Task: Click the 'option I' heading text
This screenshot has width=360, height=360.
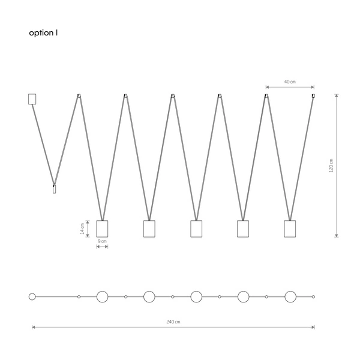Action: [x=43, y=34]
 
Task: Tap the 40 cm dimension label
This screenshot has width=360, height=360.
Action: [x=289, y=82]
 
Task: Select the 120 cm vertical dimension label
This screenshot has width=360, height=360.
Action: [x=331, y=165]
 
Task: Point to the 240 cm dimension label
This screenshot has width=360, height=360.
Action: [x=173, y=322]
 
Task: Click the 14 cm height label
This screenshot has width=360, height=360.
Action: [x=90, y=229]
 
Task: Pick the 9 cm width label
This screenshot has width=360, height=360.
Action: [x=102, y=241]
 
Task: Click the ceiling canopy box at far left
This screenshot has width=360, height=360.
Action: [x=32, y=99]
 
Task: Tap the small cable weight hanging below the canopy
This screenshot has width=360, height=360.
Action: [x=54, y=189]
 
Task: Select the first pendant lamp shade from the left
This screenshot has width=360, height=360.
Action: [x=102, y=229]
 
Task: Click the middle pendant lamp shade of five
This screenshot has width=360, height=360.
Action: [x=196, y=229]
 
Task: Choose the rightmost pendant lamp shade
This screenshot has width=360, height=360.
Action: [x=290, y=229]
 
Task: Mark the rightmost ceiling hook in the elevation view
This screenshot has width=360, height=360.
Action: [x=313, y=95]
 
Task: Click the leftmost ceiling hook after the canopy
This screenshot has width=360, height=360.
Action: [x=78, y=95]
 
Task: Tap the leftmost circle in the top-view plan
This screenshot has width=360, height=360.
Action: [x=32, y=296]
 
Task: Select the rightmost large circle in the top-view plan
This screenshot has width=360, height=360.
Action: [x=290, y=296]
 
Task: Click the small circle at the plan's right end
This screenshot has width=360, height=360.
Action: [x=313, y=296]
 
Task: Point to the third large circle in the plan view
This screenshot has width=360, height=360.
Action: [x=196, y=296]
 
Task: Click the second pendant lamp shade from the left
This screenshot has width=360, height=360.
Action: [x=149, y=229]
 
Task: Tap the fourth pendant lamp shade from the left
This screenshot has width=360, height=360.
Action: [x=243, y=229]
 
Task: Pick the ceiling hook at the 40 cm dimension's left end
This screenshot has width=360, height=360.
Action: [x=266, y=95]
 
